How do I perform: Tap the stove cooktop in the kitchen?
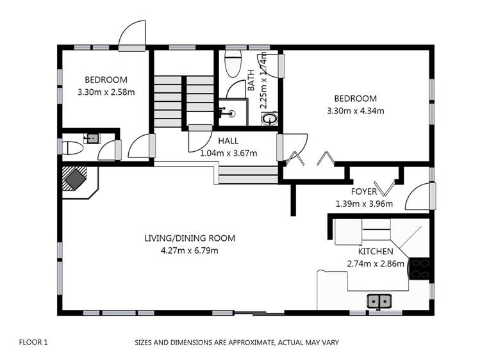click(420, 268)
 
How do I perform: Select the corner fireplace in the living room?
click(76, 179)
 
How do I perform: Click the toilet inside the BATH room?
click(233, 62)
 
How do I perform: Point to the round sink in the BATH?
click(270, 119)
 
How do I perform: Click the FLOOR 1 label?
click(33, 343)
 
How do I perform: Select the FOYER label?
click(363, 192)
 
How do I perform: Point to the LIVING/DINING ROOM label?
click(190, 238)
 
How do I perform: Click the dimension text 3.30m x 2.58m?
click(106, 92)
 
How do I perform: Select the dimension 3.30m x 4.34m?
click(354, 111)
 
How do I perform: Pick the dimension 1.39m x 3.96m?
click(363, 204)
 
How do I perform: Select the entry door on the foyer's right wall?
click(422, 196)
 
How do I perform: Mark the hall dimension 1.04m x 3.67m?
click(228, 153)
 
